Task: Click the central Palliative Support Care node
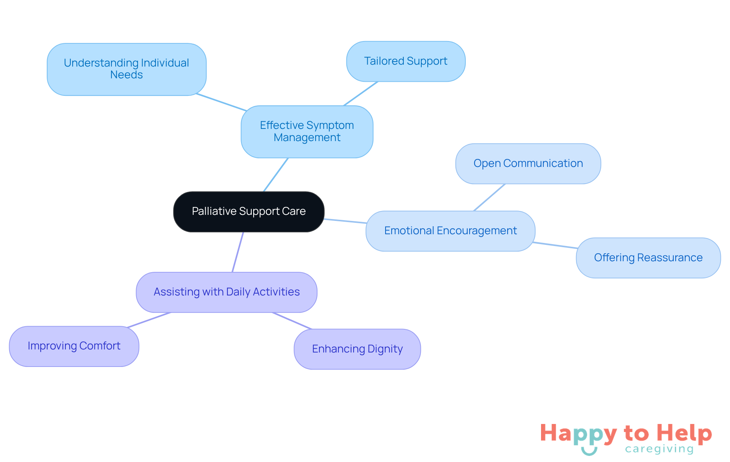249,211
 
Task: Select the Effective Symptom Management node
307,132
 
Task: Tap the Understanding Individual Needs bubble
127,69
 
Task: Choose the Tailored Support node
406,61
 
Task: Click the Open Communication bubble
528,164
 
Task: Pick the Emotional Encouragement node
450,231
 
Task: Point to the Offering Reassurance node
648,258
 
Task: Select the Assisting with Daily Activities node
227,292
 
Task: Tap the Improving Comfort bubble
74,346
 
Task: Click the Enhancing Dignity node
357,349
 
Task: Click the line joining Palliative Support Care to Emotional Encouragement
345,221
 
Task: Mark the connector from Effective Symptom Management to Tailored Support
360,94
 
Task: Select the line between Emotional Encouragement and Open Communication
489,197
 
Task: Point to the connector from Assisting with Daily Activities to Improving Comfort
149,320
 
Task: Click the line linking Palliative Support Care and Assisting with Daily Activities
238,252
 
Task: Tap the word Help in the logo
684,433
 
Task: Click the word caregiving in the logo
659,449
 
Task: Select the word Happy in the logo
578,433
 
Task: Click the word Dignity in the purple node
385,349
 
